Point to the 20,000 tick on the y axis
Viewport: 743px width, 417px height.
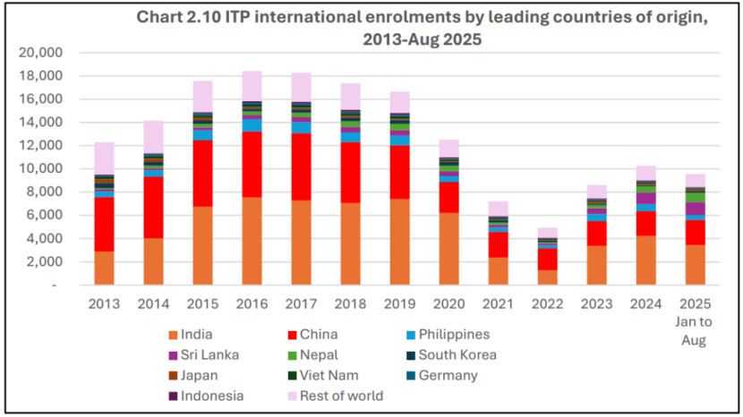pos(40,52)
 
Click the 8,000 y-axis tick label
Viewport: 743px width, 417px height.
pos(44,191)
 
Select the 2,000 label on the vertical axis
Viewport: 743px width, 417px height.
pos(44,261)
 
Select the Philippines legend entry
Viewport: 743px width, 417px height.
pos(455,334)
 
